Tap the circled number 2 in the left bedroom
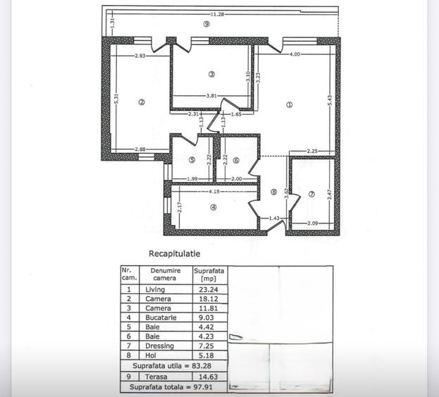(x=142, y=102)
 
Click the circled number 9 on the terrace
(x=205, y=23)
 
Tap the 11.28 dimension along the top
(x=217, y=13)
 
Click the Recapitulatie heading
(x=175, y=252)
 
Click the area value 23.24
(x=206, y=289)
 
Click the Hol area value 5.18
(x=206, y=358)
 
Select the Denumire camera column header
(x=166, y=274)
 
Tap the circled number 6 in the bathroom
(x=236, y=160)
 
